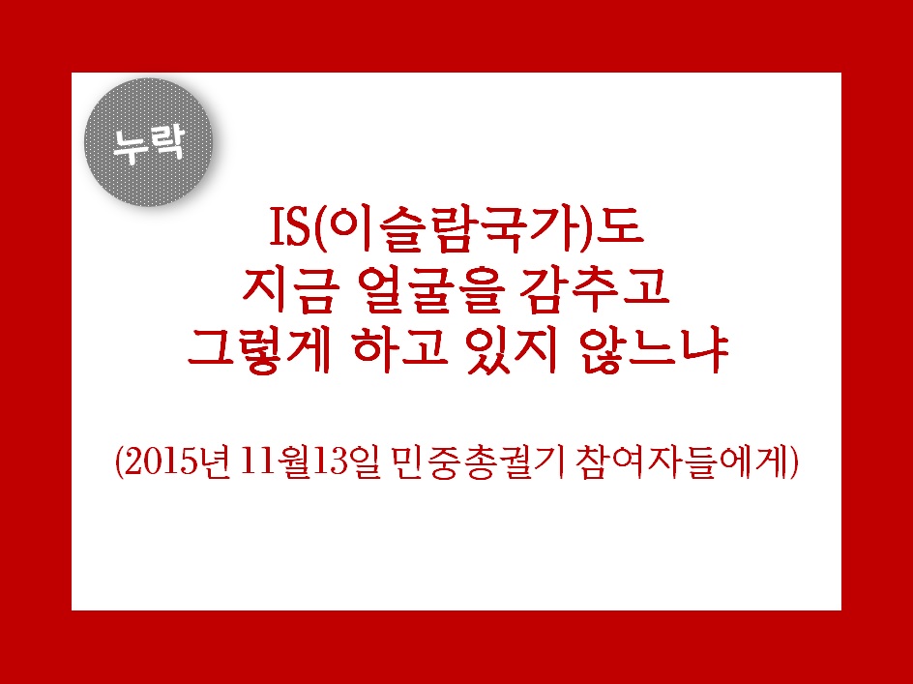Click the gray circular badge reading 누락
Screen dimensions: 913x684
[149, 142]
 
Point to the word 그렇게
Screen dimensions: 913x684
[259, 351]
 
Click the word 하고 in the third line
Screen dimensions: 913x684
[399, 351]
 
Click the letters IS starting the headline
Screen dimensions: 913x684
[289, 228]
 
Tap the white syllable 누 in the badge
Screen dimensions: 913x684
[130, 146]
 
